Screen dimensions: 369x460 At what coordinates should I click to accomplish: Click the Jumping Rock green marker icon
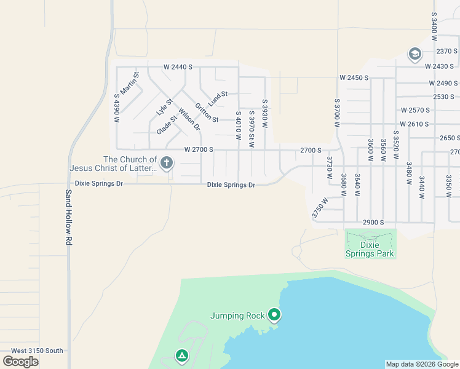coord(275,316)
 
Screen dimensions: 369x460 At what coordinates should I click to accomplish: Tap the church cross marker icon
coord(166,164)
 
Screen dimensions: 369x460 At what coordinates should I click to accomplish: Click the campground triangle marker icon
coord(181,355)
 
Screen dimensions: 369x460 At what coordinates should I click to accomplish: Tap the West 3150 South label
coord(37,351)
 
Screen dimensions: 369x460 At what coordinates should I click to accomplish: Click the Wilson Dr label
coord(189,119)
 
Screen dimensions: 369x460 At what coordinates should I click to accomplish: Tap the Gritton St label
coord(207,112)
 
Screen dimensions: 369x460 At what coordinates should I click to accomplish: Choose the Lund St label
coord(218,97)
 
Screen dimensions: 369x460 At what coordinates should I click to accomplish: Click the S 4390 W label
coord(116,108)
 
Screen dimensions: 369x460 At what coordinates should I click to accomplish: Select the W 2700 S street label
coord(198,149)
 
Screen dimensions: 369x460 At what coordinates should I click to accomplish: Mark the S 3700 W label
coord(337,113)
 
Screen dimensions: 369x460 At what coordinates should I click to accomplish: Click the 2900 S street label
coord(373,222)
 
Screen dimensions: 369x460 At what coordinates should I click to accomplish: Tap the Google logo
coord(21,361)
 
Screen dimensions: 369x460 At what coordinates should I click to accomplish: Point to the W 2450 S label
coord(354,78)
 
